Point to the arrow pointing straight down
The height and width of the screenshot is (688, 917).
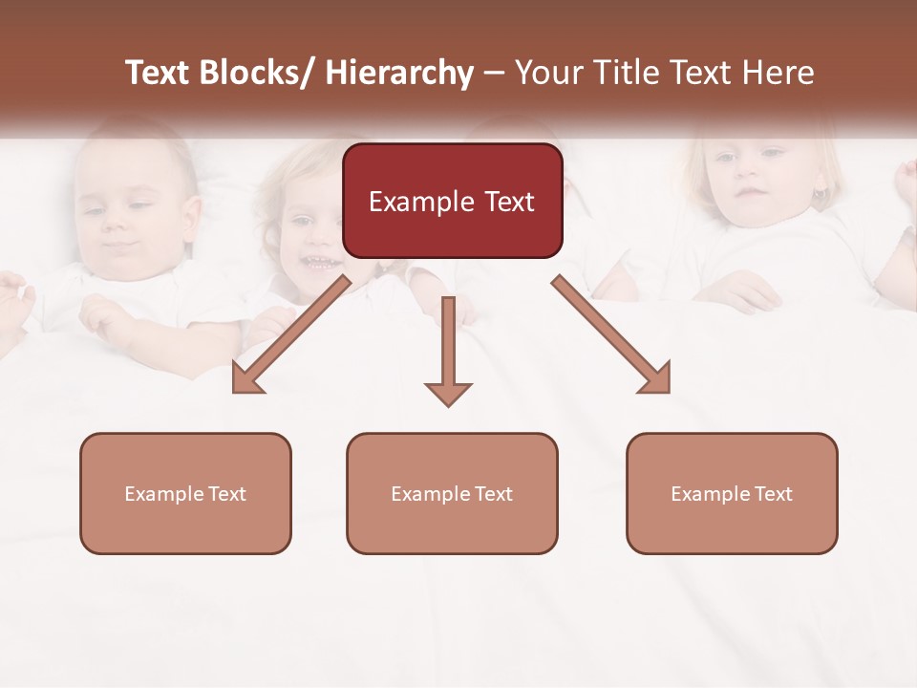tap(448, 349)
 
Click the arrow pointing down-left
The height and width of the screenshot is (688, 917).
tap(292, 334)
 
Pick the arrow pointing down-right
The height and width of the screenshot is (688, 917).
tap(611, 334)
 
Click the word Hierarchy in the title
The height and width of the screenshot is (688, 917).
tap(399, 73)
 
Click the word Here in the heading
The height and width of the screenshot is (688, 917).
tap(779, 73)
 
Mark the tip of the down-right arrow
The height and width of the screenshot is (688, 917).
tap(668, 391)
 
